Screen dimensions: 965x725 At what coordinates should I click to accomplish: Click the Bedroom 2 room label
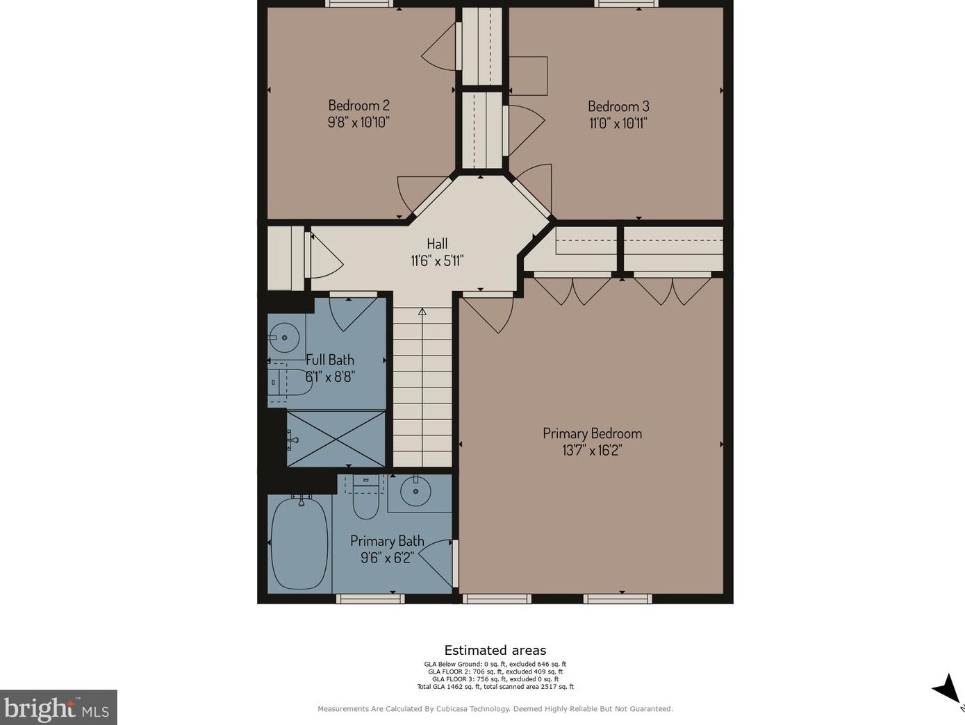[358, 106]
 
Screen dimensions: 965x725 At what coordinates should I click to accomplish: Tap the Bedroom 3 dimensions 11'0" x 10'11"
[618, 123]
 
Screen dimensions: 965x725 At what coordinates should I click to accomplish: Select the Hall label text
[437, 244]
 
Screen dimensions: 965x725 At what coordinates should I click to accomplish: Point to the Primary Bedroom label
[592, 434]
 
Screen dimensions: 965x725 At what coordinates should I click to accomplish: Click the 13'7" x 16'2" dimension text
[592, 451]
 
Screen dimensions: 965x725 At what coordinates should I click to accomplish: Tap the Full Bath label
[330, 360]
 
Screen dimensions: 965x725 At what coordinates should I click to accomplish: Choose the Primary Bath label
[387, 540]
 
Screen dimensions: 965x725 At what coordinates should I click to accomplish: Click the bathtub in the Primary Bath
[300, 543]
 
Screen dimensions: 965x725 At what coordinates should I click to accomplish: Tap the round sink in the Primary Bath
[415, 491]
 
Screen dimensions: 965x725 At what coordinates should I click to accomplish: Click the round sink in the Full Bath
[283, 337]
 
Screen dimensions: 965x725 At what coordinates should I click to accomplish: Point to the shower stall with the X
[336, 438]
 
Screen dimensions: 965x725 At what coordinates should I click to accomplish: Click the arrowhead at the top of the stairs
[422, 312]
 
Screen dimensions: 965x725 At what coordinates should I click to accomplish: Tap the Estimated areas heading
[495, 650]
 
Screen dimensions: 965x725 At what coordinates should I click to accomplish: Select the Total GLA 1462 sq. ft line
[495, 687]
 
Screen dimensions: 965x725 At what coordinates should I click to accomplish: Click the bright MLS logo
[58, 708]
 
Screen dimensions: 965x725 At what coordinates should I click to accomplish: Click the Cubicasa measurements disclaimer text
[495, 709]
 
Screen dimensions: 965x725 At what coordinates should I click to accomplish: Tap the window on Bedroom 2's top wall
[358, 3]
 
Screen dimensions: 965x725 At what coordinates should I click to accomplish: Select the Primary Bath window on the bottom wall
[370, 599]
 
